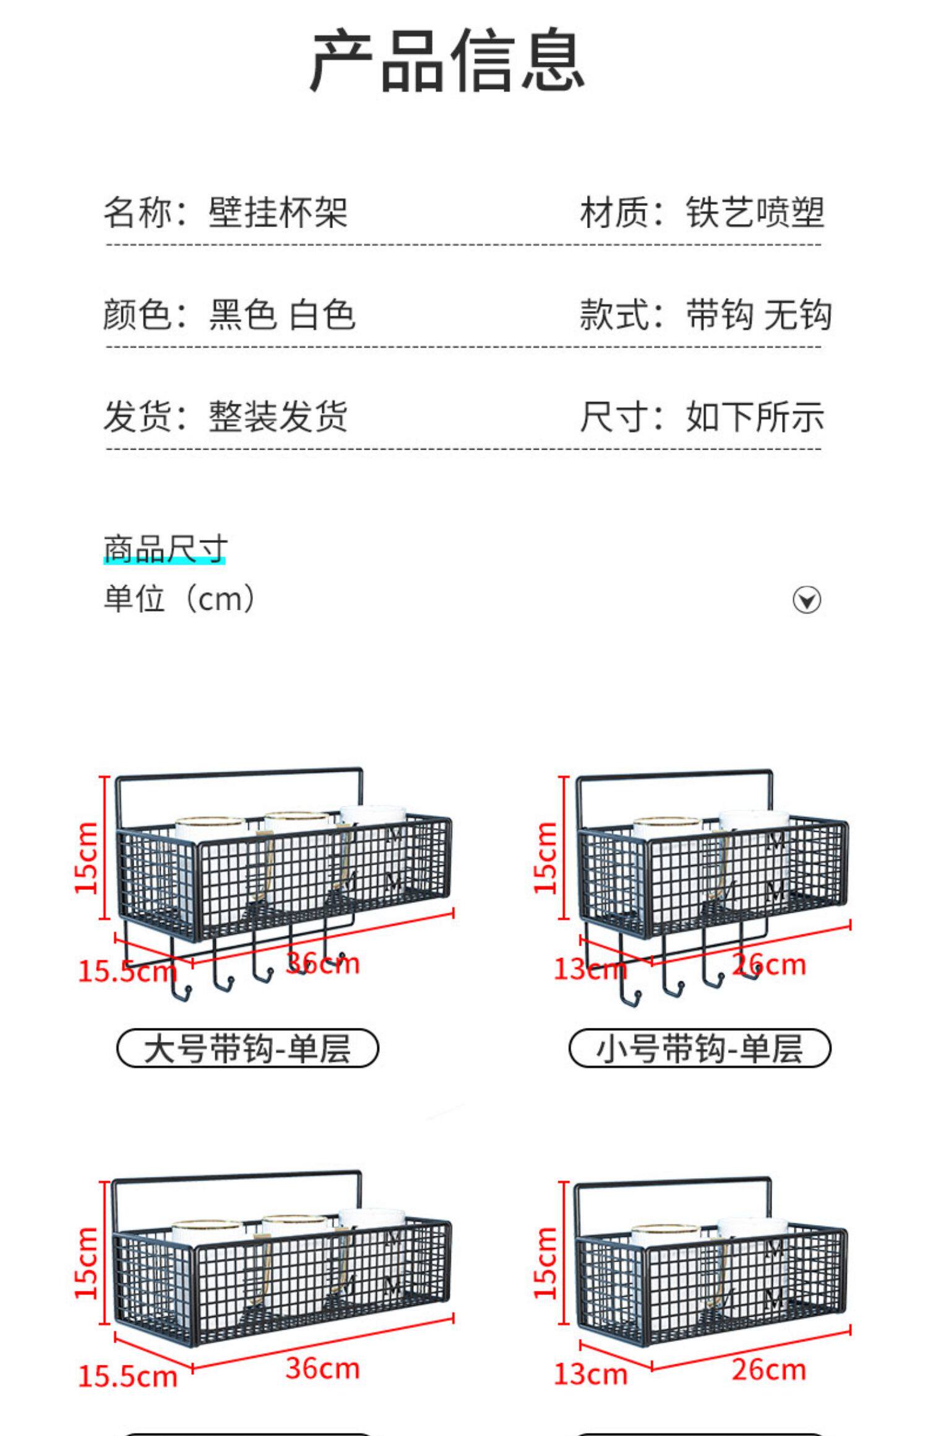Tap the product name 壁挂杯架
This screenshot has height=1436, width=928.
tap(278, 213)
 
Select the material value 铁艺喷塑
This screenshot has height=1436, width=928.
tap(755, 213)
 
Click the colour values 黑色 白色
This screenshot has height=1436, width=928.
tap(281, 314)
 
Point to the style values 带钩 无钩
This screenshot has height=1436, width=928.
tap(758, 314)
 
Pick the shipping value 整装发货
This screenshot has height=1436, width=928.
tap(278, 416)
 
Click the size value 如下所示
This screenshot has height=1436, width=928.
tap(755, 416)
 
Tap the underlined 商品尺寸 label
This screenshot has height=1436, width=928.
tap(165, 549)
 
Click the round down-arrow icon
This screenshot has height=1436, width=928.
tap(807, 600)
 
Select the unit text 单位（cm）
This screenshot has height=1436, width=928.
tap(179, 599)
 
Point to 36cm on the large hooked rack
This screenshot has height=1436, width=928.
tap(323, 963)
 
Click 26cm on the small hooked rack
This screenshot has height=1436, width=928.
tap(769, 964)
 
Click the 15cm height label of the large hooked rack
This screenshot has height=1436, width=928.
tap(87, 858)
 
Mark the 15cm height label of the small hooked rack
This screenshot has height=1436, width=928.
tap(546, 858)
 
